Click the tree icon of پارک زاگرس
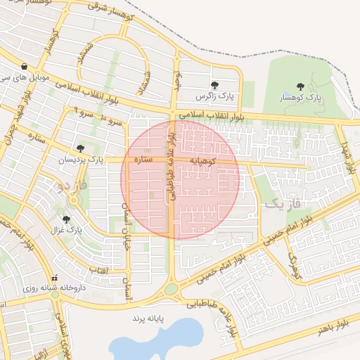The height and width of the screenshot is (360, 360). click(x=214, y=84)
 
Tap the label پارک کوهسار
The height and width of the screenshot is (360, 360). click(x=300, y=98)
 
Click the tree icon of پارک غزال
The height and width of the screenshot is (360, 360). click(x=66, y=219)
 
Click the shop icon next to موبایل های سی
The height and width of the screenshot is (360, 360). click(x=25, y=67)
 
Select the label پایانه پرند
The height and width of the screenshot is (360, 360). click(x=148, y=319)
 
